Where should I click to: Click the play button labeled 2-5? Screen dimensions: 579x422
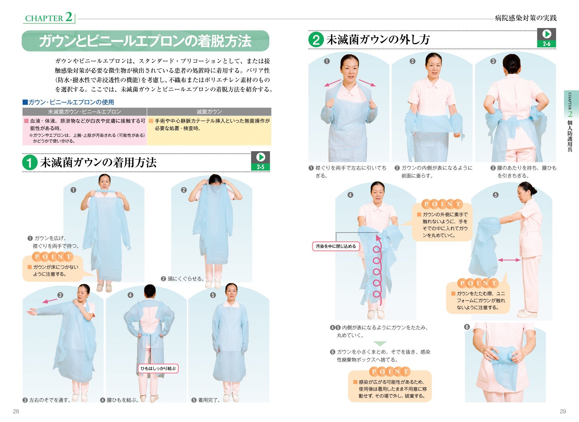coord(260,161)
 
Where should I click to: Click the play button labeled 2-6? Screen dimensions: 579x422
coord(546,38)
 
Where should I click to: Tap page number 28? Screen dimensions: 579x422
coord(16,411)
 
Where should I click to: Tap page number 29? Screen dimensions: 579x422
coord(563,411)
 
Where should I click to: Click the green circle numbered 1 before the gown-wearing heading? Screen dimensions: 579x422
coord(29,162)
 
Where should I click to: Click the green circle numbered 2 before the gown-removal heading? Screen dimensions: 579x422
coord(316,40)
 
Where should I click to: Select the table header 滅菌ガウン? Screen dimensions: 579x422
coord(209,112)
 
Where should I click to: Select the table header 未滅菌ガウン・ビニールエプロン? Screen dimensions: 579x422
coord(84,112)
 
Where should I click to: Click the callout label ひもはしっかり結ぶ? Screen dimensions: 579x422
coord(158,368)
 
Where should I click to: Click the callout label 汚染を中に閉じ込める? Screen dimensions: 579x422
coord(336,246)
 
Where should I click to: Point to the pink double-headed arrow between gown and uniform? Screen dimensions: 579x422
coord(509,260)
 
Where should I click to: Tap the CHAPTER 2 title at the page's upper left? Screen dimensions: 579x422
coord(49,17)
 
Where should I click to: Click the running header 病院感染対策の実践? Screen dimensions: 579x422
coord(525,18)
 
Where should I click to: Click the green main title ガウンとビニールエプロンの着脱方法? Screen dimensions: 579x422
coord(145,41)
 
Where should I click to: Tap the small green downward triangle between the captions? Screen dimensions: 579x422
coord(380,344)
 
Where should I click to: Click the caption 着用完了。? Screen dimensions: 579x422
coord(209,400)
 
